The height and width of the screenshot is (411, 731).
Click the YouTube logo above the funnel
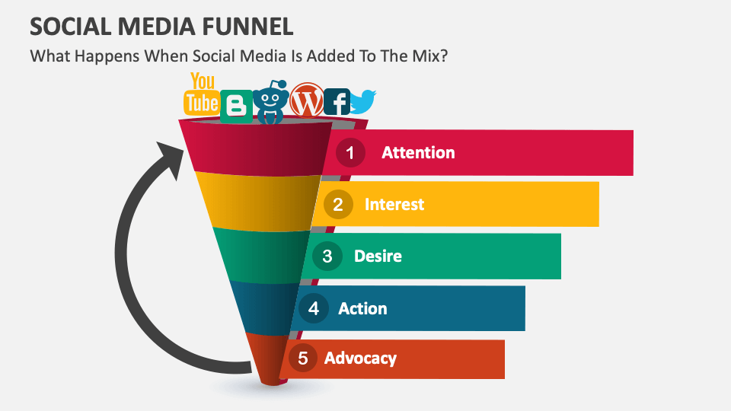tap(202, 94)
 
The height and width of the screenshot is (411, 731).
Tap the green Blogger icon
tap(236, 105)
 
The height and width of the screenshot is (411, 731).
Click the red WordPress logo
tap(307, 100)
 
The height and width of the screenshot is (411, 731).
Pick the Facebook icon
tap(337, 102)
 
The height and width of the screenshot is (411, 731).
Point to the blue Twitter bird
tap(363, 101)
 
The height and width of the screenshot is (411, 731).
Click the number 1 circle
tap(350, 152)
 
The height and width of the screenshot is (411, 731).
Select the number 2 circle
tap(337, 204)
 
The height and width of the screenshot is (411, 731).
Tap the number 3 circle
tap(327, 256)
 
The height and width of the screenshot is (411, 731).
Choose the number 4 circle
tap(313, 308)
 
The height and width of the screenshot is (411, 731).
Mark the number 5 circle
tap(302, 358)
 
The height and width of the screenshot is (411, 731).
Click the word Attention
tap(418, 152)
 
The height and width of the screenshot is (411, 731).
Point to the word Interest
tap(394, 204)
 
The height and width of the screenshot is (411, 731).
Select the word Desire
tap(378, 256)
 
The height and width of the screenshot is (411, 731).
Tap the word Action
tap(362, 308)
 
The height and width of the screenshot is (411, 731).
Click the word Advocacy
tap(360, 358)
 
